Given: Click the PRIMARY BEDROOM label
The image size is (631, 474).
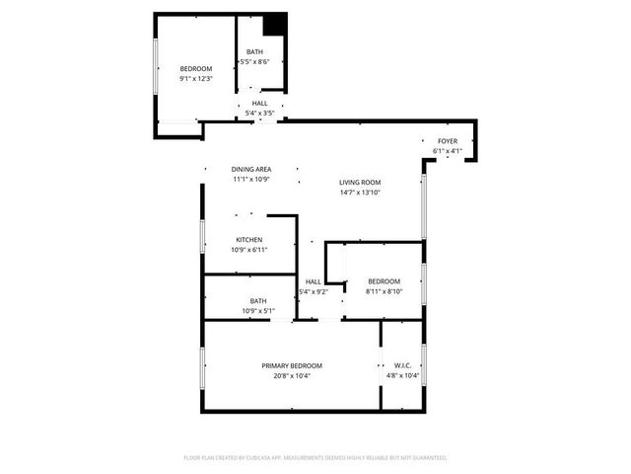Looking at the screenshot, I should pyautogui.click(x=292, y=365).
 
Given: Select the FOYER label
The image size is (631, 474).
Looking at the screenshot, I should pyautogui.click(x=448, y=141).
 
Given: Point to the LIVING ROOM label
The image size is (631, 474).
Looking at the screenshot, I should pyautogui.click(x=360, y=183).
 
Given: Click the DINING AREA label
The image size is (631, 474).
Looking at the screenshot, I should pyautogui.click(x=251, y=169).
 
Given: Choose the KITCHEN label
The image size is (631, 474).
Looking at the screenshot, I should pyautogui.click(x=248, y=240).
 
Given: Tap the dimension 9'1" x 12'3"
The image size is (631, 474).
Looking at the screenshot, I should pyautogui.click(x=196, y=78).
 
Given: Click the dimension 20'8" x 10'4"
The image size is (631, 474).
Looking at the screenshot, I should pyautogui.click(x=292, y=375).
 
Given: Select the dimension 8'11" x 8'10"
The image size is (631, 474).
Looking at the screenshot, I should pyautogui.click(x=384, y=290).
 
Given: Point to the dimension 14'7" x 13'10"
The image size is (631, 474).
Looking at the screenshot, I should pyautogui.click(x=360, y=193).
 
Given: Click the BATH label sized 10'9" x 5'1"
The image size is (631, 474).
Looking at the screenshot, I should pyautogui.click(x=257, y=301).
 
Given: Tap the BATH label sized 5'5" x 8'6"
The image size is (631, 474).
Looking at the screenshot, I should pyautogui.click(x=254, y=52).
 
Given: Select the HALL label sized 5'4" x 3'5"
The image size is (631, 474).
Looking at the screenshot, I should pyautogui.click(x=259, y=104).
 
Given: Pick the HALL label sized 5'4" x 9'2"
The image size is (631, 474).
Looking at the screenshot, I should pyautogui.click(x=313, y=281).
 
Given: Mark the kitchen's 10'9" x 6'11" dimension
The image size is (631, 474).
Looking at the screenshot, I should pyautogui.click(x=248, y=250).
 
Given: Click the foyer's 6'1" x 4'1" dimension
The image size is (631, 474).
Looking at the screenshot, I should pyautogui.click(x=448, y=151).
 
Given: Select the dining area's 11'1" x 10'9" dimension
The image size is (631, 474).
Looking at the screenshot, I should pyautogui.click(x=251, y=179).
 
